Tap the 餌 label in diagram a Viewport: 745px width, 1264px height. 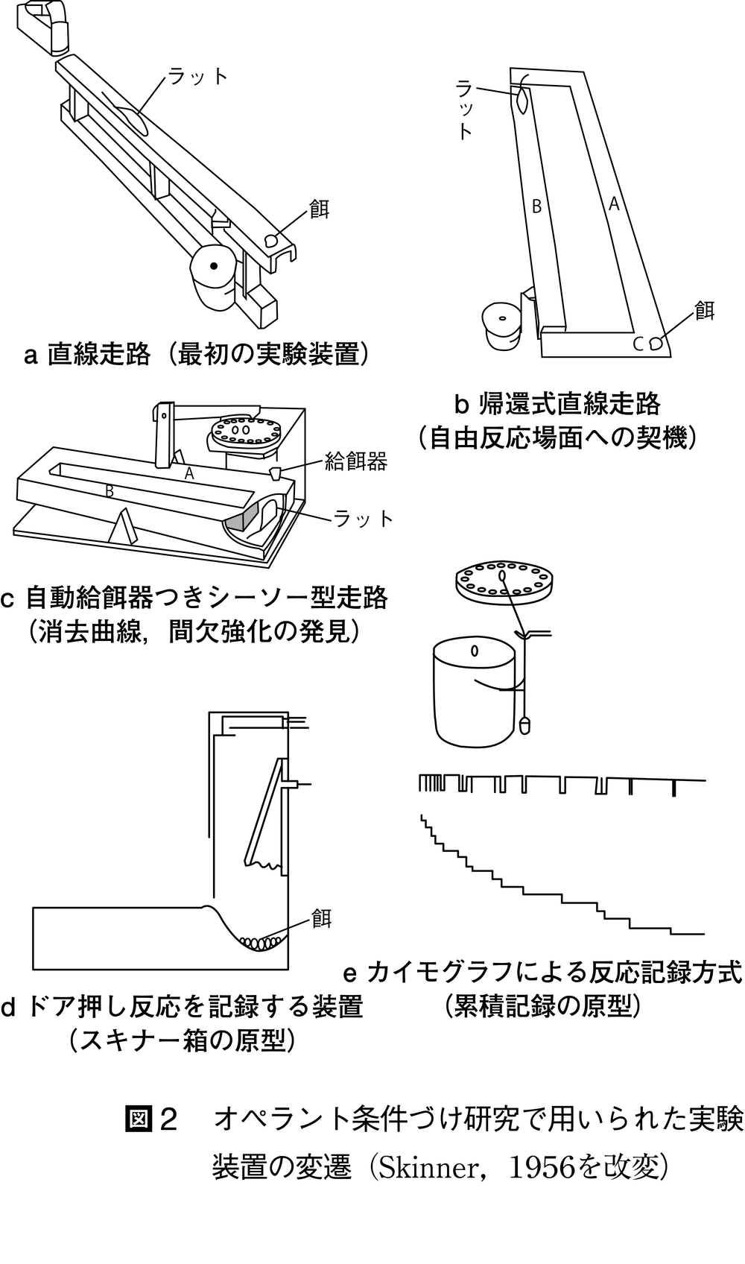tap(320, 209)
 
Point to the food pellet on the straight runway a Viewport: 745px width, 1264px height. tap(272, 241)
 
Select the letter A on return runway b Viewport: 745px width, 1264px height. tap(614, 203)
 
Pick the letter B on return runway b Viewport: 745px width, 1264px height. tap(536, 206)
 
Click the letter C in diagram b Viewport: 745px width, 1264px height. tap(638, 344)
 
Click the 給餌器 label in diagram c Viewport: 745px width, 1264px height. tap(356, 462)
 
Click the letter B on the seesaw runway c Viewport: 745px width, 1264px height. tap(110, 491)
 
